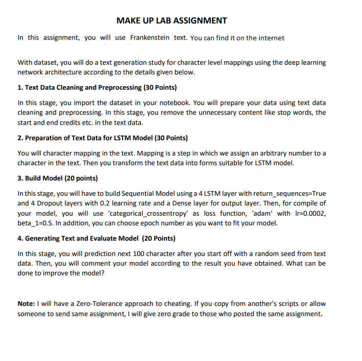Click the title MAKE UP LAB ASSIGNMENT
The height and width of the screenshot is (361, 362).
(x=172, y=21)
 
